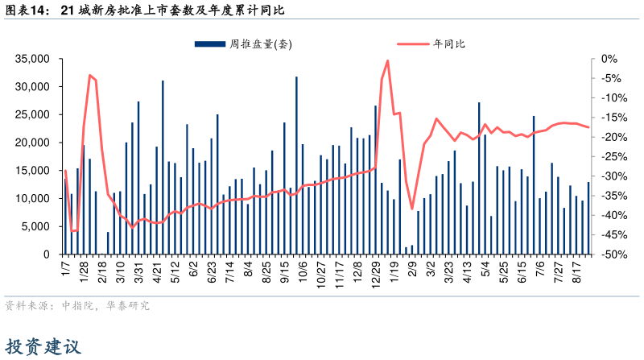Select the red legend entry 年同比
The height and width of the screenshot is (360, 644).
point(449,44)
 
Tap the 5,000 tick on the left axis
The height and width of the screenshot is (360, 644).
point(36,226)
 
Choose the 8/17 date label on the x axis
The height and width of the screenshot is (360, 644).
point(577,268)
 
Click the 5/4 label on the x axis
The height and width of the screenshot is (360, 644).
point(485,266)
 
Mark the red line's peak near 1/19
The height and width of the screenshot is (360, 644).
point(388,60)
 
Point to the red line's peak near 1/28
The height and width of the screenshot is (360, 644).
point(89,75)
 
